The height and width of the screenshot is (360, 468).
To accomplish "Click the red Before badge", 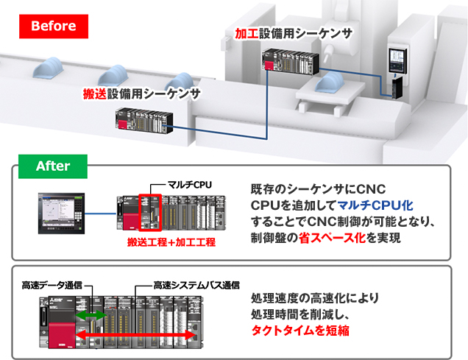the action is coord(54,27).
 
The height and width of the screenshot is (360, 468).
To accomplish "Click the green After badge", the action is coord(53,166).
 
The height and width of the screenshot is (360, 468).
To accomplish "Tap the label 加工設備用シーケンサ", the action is coord(294,33).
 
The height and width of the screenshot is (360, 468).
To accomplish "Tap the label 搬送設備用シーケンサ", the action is coord(141,93).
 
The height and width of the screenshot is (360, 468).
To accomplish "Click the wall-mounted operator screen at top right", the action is coord(397,60).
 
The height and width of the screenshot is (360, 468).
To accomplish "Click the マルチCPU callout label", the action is coord(190,185).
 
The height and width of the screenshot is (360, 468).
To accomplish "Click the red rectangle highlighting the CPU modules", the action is coord(150,213).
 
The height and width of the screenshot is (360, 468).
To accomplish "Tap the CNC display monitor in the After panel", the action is coord(62,213).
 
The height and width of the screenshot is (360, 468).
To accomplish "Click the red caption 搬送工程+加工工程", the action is coord(171,241).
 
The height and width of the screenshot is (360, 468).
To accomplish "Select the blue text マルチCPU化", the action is coord(375,205).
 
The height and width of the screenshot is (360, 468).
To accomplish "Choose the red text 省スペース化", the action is coord(332,238).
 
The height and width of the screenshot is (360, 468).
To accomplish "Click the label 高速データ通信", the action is coord(52,286).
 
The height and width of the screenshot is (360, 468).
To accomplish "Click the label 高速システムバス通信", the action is coord(196,286).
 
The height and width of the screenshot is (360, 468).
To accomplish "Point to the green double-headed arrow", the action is coord(91,315).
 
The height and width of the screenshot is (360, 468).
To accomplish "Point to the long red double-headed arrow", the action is coord(135,335).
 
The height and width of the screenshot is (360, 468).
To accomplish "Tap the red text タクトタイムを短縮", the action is coord(300,331).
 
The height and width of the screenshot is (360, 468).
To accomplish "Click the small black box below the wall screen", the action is coord(397,87).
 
